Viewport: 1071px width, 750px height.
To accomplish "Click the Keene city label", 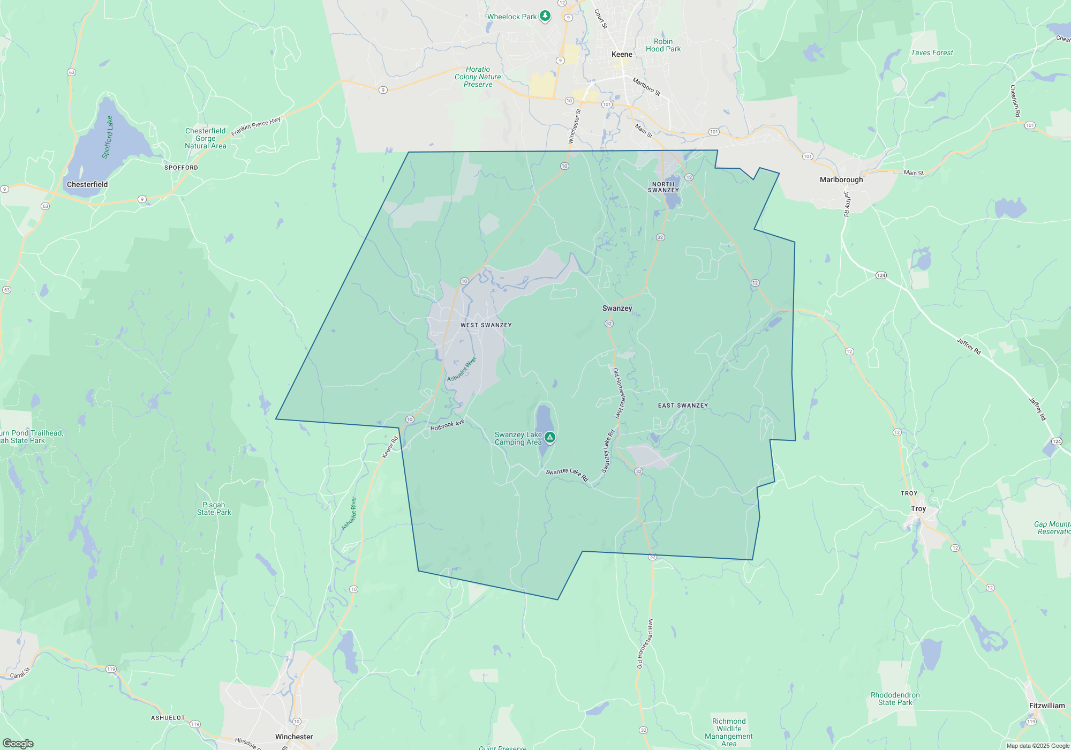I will (x=622, y=54).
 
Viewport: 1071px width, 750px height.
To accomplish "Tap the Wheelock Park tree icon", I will (x=545, y=16).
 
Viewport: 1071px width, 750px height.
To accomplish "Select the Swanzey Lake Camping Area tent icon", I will (x=549, y=438).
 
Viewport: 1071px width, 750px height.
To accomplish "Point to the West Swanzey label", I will (x=486, y=325).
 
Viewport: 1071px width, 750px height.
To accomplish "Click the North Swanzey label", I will (x=663, y=187).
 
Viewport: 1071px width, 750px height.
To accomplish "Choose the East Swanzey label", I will (x=683, y=406).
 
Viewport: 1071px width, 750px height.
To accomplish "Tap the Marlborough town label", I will (x=841, y=179).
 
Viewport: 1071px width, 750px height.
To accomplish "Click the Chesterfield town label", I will (x=87, y=184).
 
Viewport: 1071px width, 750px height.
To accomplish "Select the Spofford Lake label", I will (x=108, y=137).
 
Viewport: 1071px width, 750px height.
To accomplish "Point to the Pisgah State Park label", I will (x=214, y=508).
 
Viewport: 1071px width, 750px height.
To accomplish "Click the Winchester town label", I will (x=294, y=737).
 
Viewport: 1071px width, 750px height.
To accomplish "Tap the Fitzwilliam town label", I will (x=1047, y=706).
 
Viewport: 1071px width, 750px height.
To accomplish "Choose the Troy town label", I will (x=918, y=508).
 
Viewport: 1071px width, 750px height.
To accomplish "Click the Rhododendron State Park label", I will (x=895, y=699).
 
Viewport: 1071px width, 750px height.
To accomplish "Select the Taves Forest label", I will (x=932, y=52).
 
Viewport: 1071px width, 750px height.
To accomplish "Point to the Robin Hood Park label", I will (x=663, y=45).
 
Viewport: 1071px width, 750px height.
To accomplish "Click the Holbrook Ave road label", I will (x=447, y=425).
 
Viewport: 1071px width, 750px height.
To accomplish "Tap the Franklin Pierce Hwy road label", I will (x=256, y=126).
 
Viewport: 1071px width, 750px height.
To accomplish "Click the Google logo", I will (x=18, y=743).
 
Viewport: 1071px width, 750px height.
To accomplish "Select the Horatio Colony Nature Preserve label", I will (x=478, y=77).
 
